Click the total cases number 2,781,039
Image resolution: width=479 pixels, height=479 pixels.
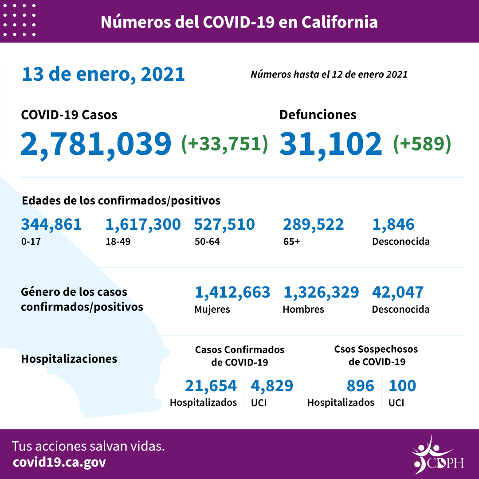(x=96, y=144)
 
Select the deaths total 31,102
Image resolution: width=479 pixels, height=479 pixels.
(x=330, y=144)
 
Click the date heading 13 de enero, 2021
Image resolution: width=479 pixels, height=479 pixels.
(x=103, y=74)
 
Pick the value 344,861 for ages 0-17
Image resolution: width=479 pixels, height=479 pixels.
(x=51, y=224)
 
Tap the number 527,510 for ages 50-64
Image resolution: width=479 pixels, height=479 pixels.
(x=224, y=224)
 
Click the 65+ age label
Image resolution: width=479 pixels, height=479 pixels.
(x=291, y=242)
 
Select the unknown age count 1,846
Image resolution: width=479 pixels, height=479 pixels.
(x=393, y=224)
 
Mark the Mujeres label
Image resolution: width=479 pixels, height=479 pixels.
(x=212, y=309)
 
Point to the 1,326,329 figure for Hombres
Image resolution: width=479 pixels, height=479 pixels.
(x=321, y=292)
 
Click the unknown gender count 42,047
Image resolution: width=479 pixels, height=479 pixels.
(x=398, y=292)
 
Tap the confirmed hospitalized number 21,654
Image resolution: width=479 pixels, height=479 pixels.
(x=211, y=386)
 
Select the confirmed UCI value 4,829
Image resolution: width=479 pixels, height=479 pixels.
(x=272, y=386)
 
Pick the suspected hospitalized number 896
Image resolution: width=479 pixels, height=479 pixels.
(x=361, y=386)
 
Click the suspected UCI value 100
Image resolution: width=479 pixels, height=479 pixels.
(x=402, y=386)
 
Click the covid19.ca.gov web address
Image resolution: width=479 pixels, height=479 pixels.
(x=59, y=462)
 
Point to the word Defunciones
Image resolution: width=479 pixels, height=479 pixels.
(x=318, y=114)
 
